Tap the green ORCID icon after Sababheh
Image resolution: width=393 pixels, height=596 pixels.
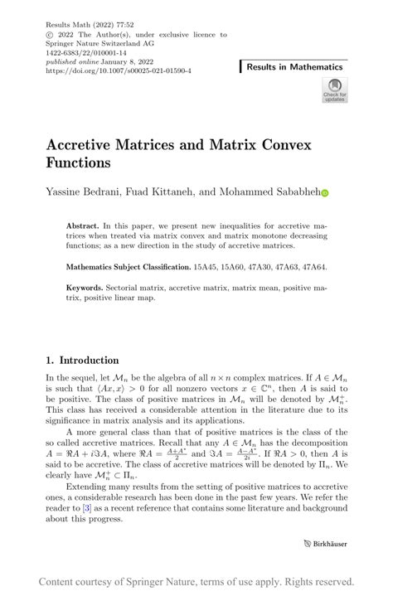tap(325, 192)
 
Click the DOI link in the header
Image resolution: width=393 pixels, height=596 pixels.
tap(119, 71)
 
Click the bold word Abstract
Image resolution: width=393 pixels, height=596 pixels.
tap(82, 225)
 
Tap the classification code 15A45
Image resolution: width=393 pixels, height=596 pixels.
tap(206, 268)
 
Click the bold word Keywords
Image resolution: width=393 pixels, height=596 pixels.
tap(85, 288)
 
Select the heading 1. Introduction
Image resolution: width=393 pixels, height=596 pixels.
tap(82, 361)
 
